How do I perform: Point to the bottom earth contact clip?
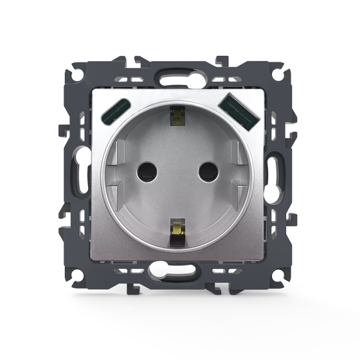[177, 230]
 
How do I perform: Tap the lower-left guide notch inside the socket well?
[120, 195]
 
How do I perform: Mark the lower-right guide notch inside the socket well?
[235, 195]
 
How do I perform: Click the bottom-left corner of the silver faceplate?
[92, 259]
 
